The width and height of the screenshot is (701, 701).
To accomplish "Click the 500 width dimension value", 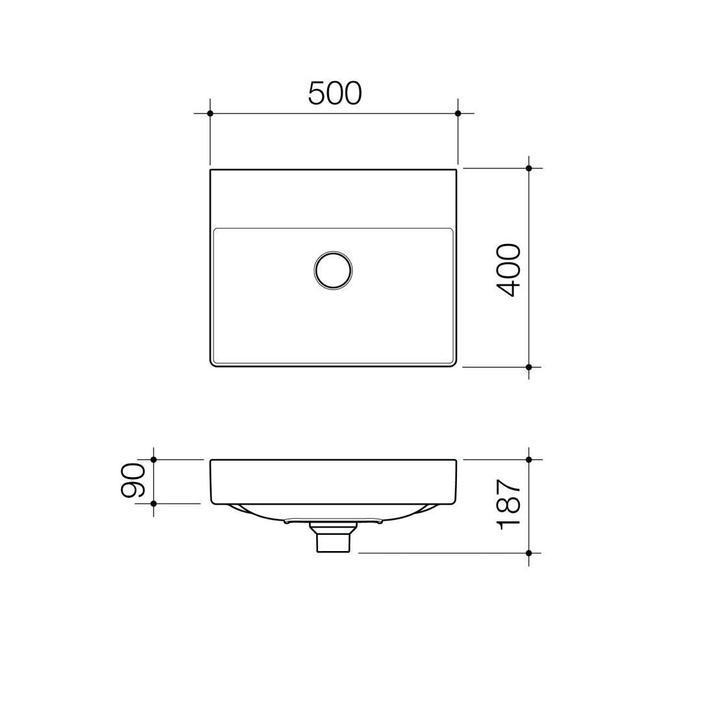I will click(x=334, y=93).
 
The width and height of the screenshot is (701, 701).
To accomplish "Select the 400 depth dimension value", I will click(x=508, y=270).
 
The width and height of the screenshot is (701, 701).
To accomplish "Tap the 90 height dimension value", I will click(x=133, y=480).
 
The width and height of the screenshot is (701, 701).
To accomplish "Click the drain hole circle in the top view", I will click(x=333, y=270).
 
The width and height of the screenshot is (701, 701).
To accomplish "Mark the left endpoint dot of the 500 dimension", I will click(x=210, y=114).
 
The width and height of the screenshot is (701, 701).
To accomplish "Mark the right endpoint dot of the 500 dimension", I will click(x=458, y=114).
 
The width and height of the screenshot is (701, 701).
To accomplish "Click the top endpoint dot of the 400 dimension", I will click(x=529, y=168).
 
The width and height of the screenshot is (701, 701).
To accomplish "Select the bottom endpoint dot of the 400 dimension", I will click(x=529, y=367).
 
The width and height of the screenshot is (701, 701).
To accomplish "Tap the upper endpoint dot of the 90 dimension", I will click(x=154, y=460).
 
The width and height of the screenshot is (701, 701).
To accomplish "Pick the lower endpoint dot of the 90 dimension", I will click(x=154, y=504).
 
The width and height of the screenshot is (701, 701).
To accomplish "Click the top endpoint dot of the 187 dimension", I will click(x=529, y=460).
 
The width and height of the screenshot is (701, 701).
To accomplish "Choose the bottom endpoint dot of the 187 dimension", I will click(x=529, y=553).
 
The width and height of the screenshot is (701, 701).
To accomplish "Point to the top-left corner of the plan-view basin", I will click(x=211, y=170).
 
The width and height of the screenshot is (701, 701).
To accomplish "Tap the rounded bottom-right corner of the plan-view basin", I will click(x=454, y=364).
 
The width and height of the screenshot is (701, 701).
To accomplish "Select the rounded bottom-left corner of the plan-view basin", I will click(x=213, y=364).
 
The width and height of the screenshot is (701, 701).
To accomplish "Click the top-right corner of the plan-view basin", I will click(x=456, y=170).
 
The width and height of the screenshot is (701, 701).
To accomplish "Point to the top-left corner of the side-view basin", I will click(x=211, y=461).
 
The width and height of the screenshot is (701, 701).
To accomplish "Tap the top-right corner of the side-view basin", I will click(x=456, y=461).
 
